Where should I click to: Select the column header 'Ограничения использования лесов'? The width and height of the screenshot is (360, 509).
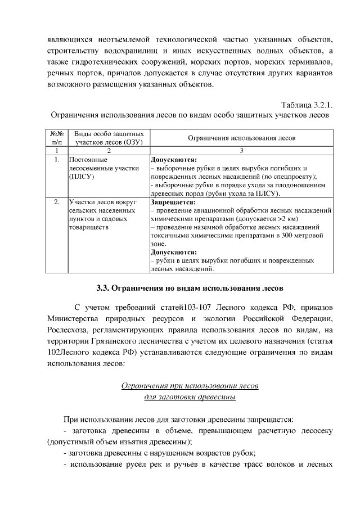(x=241, y=138)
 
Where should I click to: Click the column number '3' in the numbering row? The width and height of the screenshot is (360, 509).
(x=241, y=151)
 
